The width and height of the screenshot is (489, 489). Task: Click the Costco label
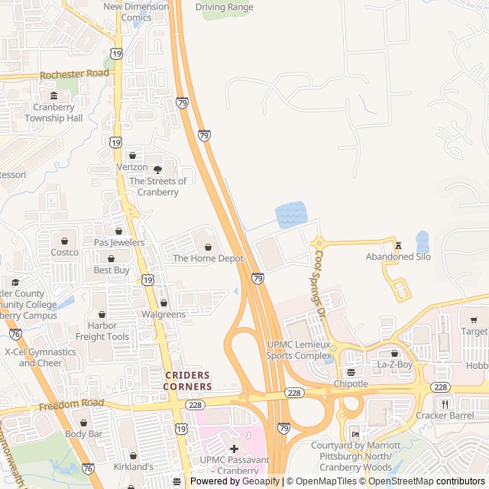click(64, 252)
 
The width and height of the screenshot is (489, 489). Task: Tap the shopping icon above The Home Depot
click(208, 247)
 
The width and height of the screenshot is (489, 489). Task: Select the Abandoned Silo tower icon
click(398, 244)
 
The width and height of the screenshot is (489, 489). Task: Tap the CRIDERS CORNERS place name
click(187, 381)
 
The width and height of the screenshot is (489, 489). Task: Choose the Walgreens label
click(164, 314)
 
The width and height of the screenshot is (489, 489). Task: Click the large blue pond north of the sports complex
click(290, 215)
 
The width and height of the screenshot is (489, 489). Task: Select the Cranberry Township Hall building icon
click(53, 96)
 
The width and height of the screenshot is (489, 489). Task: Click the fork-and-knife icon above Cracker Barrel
click(444, 403)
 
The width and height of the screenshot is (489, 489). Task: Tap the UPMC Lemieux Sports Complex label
click(300, 350)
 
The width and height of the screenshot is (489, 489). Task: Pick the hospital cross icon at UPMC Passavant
click(234, 448)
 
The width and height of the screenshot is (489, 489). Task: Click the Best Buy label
click(112, 270)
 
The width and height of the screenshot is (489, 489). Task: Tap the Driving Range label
click(224, 8)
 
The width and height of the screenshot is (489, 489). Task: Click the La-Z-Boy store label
click(394, 365)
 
